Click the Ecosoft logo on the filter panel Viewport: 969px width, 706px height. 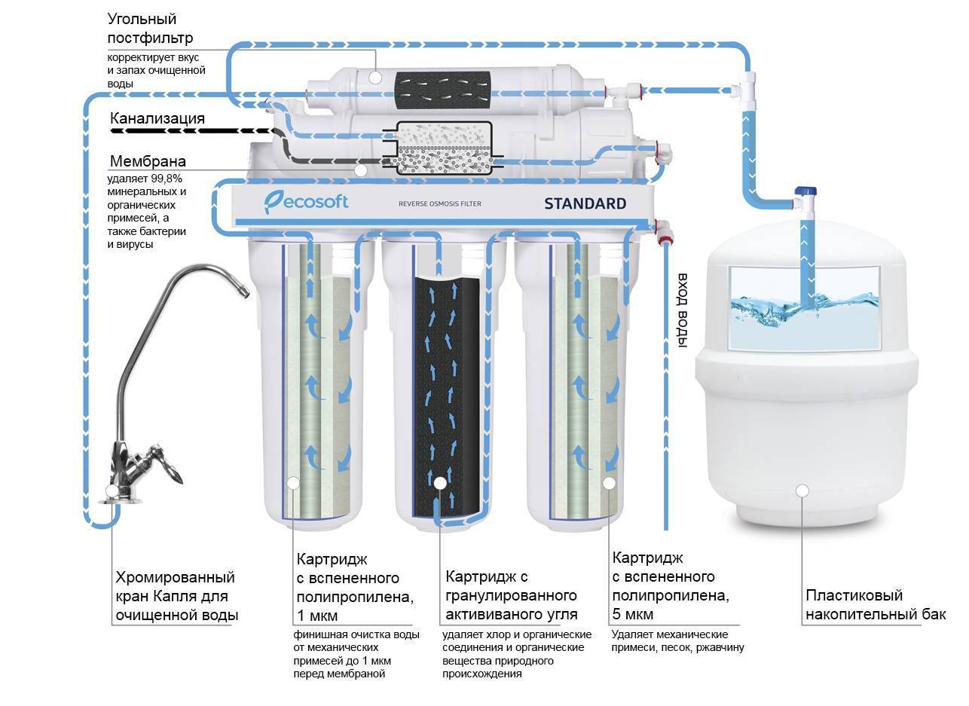pyautogui.click(x=306, y=201)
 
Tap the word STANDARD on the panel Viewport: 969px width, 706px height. pyautogui.click(x=585, y=203)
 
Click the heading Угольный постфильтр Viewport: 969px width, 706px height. pyautogui.click(x=150, y=28)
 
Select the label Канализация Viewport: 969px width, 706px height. pyautogui.click(x=157, y=118)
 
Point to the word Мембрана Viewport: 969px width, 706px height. pyautogui.click(x=148, y=161)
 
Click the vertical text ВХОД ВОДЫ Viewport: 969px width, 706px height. pyautogui.click(x=683, y=310)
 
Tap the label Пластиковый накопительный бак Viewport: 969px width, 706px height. pyautogui.click(x=875, y=605)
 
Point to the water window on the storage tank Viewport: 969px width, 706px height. pyautogui.click(x=804, y=307)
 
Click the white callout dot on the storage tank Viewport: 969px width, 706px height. pyautogui.click(x=802, y=491)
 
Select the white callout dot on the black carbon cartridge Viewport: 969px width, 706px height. pyautogui.click(x=439, y=482)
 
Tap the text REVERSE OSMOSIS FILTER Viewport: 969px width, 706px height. pyautogui.click(x=439, y=204)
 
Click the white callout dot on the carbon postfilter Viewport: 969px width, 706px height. pyautogui.click(x=374, y=76)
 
